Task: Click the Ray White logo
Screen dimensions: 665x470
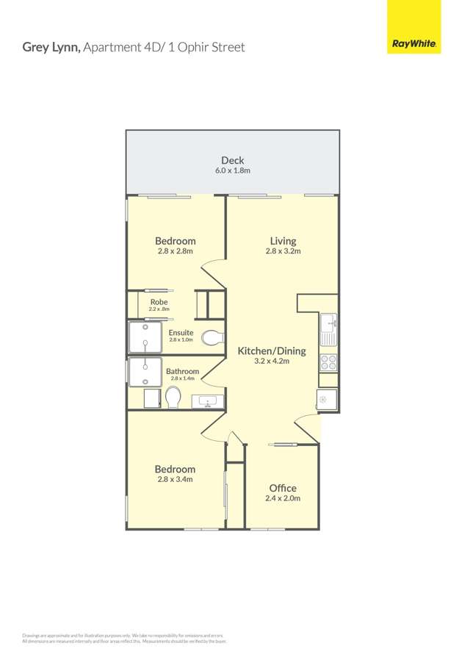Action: point(414,44)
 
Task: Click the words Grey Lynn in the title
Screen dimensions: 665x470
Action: point(51,47)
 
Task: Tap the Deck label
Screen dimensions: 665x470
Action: point(233,160)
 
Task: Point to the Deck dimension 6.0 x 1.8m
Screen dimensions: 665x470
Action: point(233,170)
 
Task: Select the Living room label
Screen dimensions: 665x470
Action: point(283,240)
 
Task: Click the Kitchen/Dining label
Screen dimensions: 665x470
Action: point(272,351)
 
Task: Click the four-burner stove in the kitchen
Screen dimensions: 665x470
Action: point(328,362)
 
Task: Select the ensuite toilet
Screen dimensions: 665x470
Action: point(211,339)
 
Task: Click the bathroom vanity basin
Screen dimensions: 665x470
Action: point(208,401)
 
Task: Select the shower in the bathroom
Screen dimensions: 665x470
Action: point(145,372)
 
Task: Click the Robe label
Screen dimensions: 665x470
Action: point(159,302)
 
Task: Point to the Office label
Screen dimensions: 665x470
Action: point(283,488)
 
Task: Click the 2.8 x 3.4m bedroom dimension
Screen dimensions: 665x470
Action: point(175,480)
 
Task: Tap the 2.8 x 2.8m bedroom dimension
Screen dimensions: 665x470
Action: point(175,251)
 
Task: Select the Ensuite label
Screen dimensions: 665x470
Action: point(181,332)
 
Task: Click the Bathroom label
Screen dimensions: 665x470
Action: point(182,371)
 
